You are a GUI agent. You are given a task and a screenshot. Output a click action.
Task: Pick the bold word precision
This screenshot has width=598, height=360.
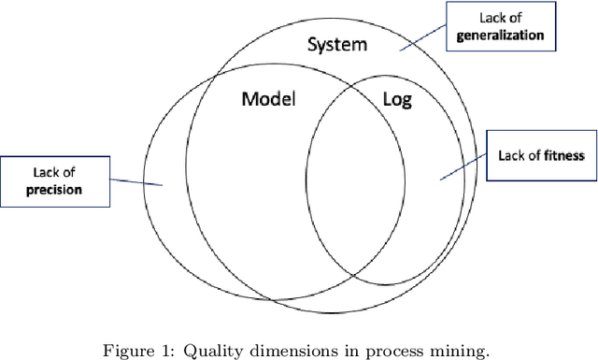coord(53,188)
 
